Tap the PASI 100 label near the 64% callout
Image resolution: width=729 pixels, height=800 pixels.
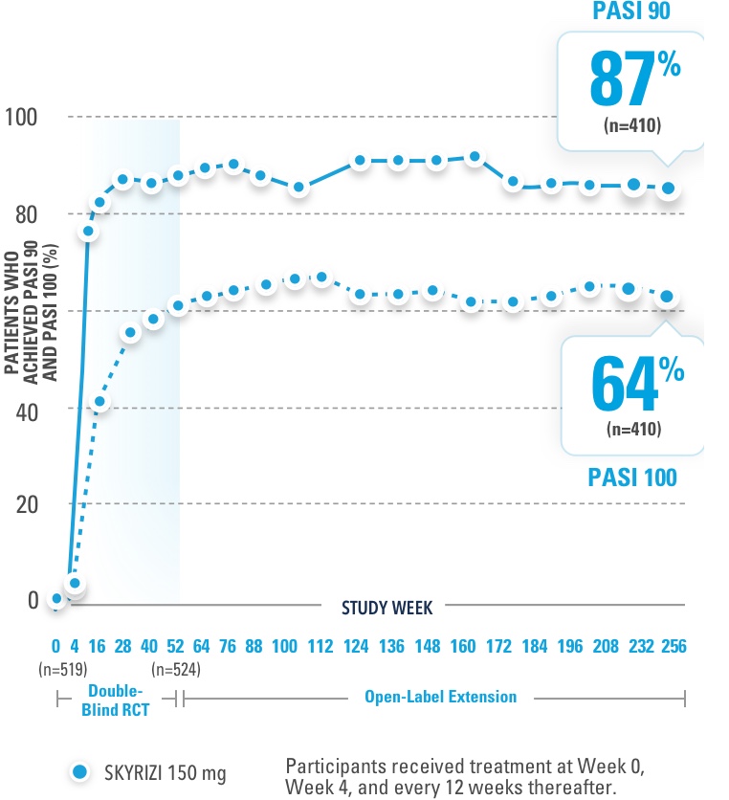tap(631, 476)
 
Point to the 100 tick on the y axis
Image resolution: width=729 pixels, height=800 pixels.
tap(21, 118)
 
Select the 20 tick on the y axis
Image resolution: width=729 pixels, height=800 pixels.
tap(25, 504)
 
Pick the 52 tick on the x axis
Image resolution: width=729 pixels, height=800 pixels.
tap(176, 645)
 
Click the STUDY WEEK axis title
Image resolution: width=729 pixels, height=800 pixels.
tap(387, 607)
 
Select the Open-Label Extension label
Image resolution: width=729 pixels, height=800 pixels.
tap(440, 697)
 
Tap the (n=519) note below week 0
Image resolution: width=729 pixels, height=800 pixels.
tap(57, 667)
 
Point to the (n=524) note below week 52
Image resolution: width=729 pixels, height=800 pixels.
tap(176, 667)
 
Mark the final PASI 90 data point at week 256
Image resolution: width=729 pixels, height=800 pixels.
tap(670, 189)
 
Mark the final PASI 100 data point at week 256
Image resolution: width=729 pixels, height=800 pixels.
tap(667, 297)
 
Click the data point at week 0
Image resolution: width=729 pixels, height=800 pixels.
tap(57, 599)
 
